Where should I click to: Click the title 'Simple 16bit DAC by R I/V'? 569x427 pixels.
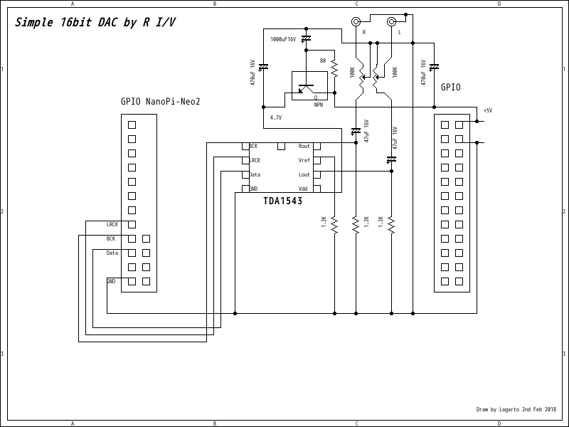pos(95,22)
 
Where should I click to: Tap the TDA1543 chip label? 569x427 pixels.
pos(282,201)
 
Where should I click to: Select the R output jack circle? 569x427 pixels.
pos(356,21)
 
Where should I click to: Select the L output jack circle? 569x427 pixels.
pos(391,21)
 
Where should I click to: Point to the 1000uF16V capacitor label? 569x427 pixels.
pos(282,40)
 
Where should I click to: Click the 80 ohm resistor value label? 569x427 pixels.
pos(322,61)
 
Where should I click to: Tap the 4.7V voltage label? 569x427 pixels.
pos(276,117)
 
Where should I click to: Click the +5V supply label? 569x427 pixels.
pos(487,110)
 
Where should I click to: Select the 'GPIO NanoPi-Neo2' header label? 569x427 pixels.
pos(161,102)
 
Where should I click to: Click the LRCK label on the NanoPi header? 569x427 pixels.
pos(112,224)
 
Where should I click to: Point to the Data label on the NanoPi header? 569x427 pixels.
pos(112,253)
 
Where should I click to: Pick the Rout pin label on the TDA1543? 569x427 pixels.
pos(304,146)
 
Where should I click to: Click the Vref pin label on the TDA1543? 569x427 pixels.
pos(304,160)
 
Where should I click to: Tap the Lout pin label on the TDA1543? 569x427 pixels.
pos(304,174)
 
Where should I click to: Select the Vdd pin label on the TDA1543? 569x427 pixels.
pos(303,189)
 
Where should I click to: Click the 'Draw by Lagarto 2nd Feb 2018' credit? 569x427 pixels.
pos(517,410)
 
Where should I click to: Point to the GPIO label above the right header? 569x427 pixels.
pos(450,88)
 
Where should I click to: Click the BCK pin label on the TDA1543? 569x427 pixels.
pos(253,146)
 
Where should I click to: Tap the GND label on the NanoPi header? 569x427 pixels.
pos(111,281)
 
